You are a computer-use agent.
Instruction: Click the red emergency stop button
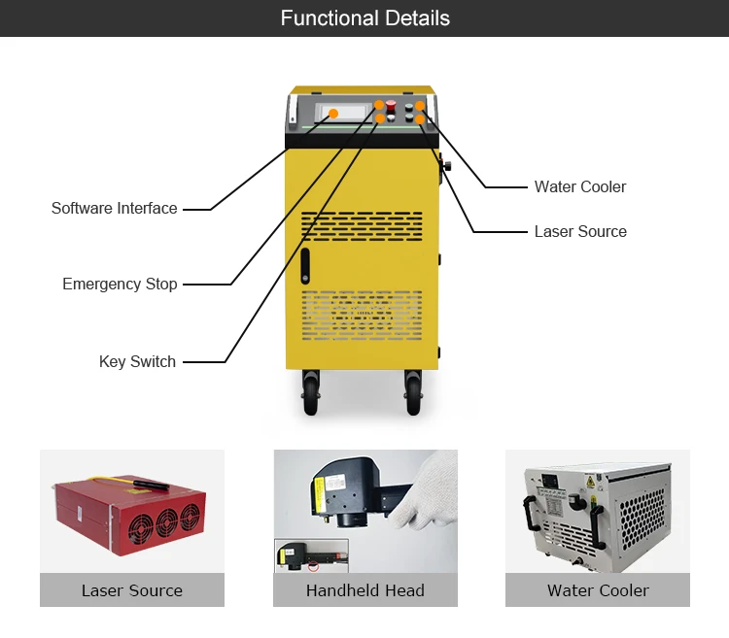click(391, 105)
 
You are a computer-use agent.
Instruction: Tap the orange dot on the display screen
click(333, 114)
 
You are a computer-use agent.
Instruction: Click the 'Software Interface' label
click(115, 208)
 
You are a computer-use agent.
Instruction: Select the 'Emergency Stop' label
click(120, 284)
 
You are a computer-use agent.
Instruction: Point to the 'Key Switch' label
click(138, 361)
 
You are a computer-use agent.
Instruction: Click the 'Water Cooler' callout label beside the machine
click(580, 186)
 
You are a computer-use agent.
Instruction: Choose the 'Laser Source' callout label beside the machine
click(580, 231)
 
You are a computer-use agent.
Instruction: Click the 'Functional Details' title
click(364, 18)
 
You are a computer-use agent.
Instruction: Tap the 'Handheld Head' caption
click(364, 590)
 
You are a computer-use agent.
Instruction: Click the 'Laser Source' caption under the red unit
click(132, 590)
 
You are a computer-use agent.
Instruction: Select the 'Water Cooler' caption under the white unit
click(598, 590)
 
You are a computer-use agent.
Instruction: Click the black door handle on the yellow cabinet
click(305, 266)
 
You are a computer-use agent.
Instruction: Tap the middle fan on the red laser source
click(166, 523)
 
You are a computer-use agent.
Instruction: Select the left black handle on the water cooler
click(530, 513)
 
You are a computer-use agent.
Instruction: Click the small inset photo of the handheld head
click(311, 555)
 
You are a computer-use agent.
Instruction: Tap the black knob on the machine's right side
click(447, 166)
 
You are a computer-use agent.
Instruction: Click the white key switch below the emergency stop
click(391, 118)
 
